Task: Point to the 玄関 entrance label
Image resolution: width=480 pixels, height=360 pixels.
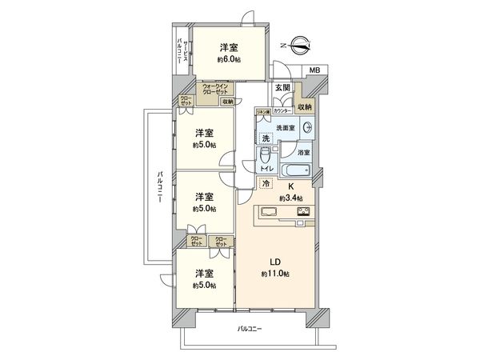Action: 282,88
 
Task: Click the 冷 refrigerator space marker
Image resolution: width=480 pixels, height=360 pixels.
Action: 266,184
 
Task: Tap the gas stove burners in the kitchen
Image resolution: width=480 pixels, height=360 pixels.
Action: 304,213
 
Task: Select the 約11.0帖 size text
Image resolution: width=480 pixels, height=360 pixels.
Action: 274,274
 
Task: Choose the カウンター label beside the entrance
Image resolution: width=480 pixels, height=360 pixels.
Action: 282,110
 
